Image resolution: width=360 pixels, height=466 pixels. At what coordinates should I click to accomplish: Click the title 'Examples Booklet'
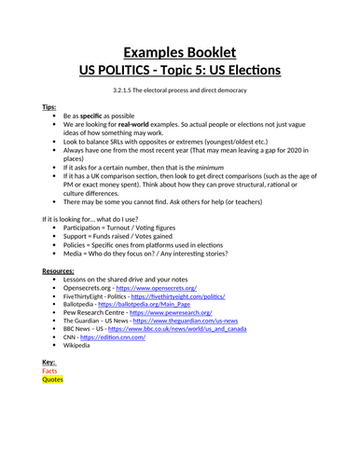(180, 52)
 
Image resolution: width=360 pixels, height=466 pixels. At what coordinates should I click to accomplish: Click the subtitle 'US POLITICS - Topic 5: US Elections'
(180, 71)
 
